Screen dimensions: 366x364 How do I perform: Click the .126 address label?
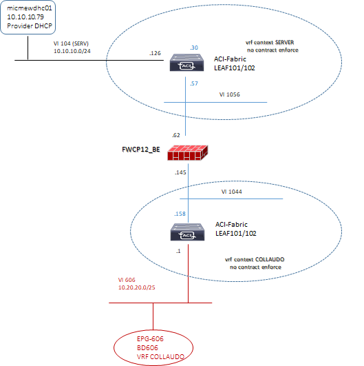point(155,53)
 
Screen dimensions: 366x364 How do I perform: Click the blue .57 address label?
point(194,83)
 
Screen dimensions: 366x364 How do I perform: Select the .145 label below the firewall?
point(180,172)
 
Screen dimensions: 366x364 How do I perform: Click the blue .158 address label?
point(180,214)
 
